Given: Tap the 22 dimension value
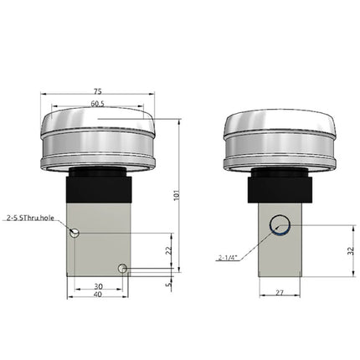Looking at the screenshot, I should pyautogui.click(x=168, y=249).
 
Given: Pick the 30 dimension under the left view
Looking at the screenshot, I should pyautogui.click(x=97, y=285).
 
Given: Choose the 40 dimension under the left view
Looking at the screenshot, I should pyautogui.click(x=97, y=295).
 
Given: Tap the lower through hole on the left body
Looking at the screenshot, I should pyautogui.click(x=123, y=268).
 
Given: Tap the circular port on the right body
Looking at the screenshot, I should pyautogui.click(x=279, y=224).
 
